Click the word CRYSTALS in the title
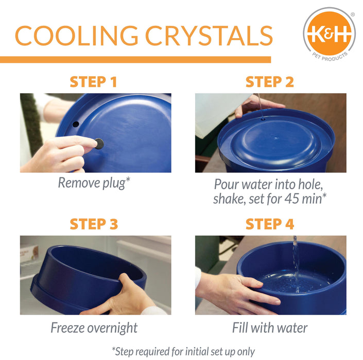(x=209, y=34)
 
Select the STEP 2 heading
(x=270, y=82)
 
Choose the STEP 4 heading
(x=270, y=224)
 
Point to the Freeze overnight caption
(x=94, y=328)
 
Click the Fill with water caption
(x=270, y=328)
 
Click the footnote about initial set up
(x=183, y=351)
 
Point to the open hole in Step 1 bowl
(x=76, y=124)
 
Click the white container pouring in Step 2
(x=216, y=113)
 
